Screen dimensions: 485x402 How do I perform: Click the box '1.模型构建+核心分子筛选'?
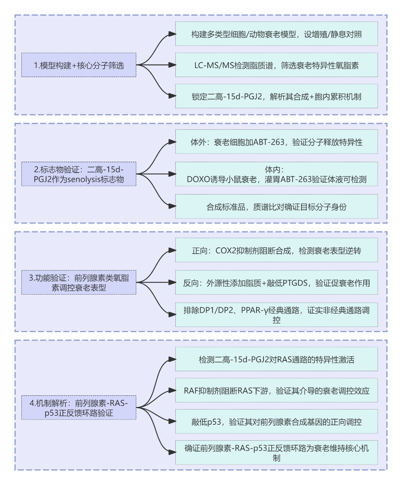[x=79, y=65]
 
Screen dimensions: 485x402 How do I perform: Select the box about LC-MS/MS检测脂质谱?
[x=276, y=65]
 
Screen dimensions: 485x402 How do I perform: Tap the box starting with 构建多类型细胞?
[x=276, y=34]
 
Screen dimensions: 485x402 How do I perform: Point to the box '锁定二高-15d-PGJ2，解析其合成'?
[x=276, y=96]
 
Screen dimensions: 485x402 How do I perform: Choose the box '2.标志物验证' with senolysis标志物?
[x=79, y=174]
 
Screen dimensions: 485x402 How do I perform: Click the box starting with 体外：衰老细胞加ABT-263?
[x=276, y=142]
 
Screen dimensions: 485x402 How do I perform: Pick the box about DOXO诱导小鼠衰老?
[x=276, y=174]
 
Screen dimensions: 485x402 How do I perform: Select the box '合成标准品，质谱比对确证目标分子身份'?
[x=276, y=206]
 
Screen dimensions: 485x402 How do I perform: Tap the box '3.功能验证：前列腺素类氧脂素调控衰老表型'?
[x=79, y=282]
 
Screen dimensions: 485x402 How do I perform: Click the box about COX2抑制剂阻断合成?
[x=276, y=250]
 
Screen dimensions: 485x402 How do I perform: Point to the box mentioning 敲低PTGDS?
[x=276, y=283]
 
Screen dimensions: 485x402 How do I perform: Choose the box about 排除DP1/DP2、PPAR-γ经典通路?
[x=276, y=315]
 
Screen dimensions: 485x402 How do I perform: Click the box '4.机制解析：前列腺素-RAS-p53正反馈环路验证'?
[x=79, y=408]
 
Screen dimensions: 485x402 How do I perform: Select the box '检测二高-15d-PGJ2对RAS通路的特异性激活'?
[x=276, y=359]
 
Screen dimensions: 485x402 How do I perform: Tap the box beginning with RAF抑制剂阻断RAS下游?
[x=276, y=391]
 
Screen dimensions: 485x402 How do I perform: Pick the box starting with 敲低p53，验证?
[x=276, y=421]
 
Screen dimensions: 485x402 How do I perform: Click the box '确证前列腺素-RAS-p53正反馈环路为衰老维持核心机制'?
[x=276, y=453]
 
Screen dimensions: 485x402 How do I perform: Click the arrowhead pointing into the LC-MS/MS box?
[x=172, y=65]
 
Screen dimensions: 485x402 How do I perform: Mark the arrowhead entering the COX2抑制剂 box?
[x=172, y=250]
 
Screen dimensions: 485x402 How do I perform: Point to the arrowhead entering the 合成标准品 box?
[x=172, y=206]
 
